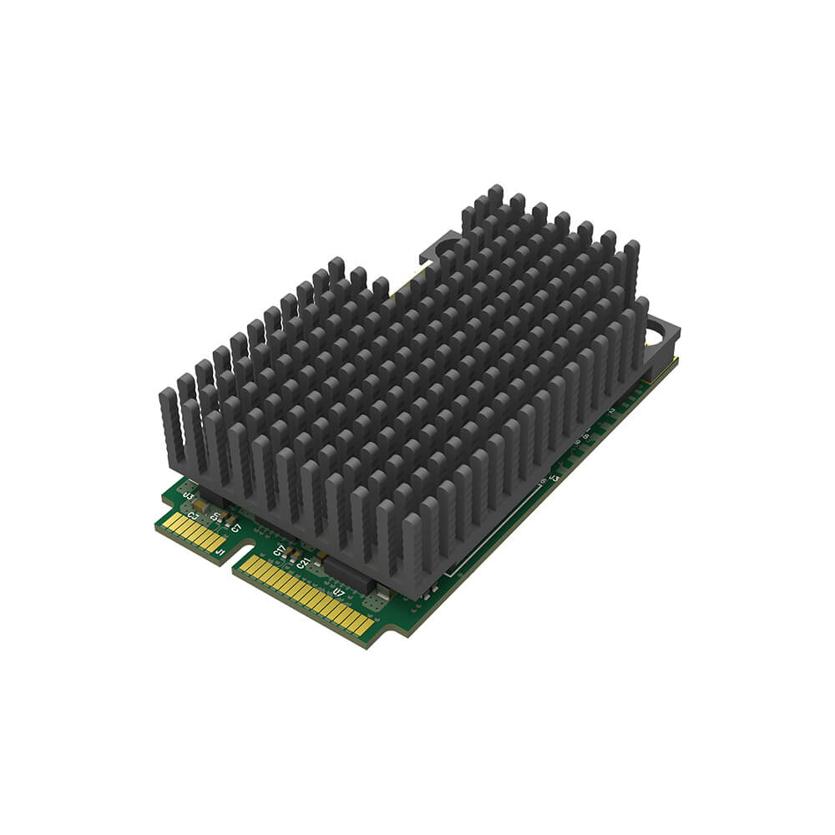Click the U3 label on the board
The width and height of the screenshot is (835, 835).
[189, 497]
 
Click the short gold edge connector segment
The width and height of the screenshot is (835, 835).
[192, 533]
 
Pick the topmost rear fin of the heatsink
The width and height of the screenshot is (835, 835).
[495, 199]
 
